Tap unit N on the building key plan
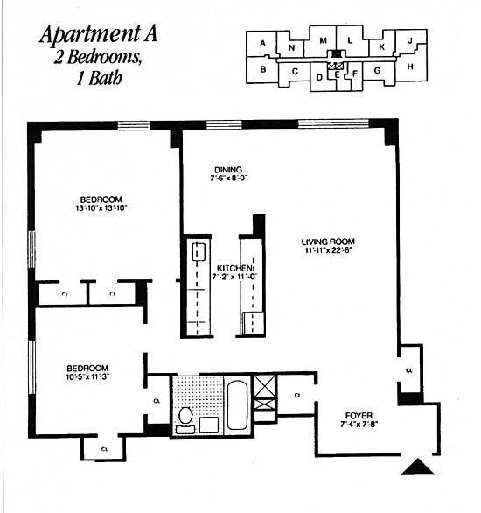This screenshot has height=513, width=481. coord(291,47)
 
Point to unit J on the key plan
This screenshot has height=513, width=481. coord(409,39)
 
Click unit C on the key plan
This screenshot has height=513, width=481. coord(295,71)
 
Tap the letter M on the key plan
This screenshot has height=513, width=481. coord(323,41)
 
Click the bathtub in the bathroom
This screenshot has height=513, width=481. coord(236,403)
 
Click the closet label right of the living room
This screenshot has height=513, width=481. coord(409,369)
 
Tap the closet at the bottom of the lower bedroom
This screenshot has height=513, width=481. coord(104,449)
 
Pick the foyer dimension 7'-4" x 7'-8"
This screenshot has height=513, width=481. coord(359,425)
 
